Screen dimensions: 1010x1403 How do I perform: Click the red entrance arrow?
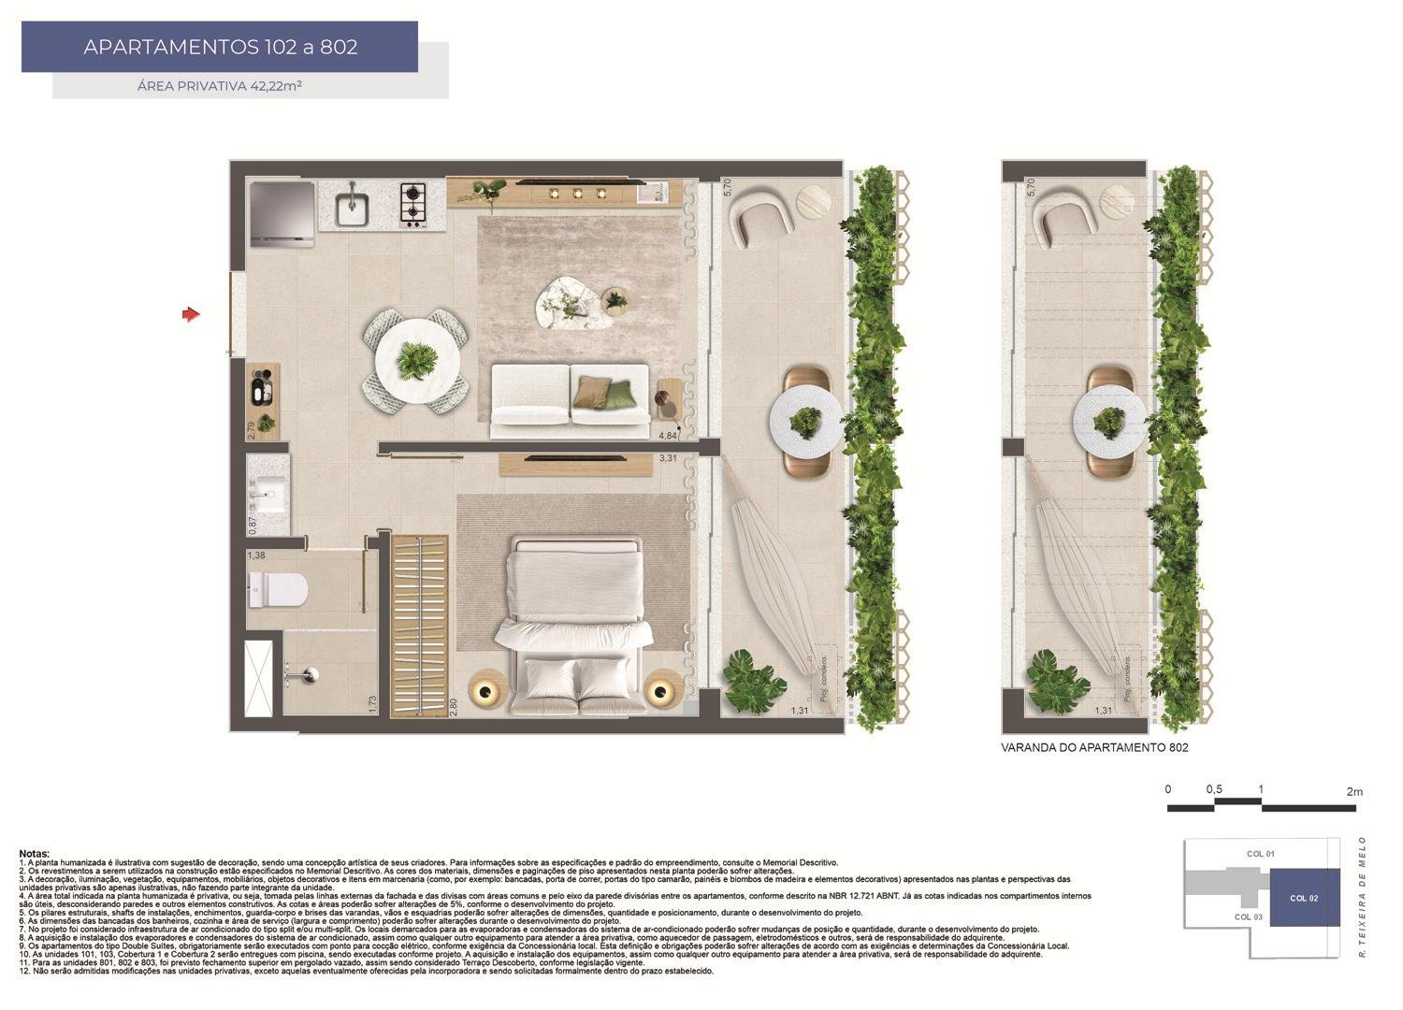pos(191,315)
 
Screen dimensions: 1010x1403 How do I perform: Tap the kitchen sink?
pos(352,205)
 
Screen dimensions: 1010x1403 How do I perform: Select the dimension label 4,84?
pos(668,436)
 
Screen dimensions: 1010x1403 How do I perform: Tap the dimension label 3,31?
pos(668,458)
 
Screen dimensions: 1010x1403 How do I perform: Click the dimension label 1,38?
pos(256,555)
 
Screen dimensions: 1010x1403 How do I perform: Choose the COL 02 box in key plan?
pos(1304,898)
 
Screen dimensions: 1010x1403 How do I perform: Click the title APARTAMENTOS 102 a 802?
pos(221,47)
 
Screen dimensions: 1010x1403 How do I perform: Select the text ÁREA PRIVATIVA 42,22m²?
pos(219,86)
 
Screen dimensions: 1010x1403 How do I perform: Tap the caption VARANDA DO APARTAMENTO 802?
pos(1094,748)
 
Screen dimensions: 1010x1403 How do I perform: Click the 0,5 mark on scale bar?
pos(1214,789)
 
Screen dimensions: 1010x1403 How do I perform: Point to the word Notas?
pos(35,854)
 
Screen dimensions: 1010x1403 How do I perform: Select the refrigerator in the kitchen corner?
pos(282,214)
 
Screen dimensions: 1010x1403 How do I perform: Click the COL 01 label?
pos(1261,854)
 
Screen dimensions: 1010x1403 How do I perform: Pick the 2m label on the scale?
pos(1354,791)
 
